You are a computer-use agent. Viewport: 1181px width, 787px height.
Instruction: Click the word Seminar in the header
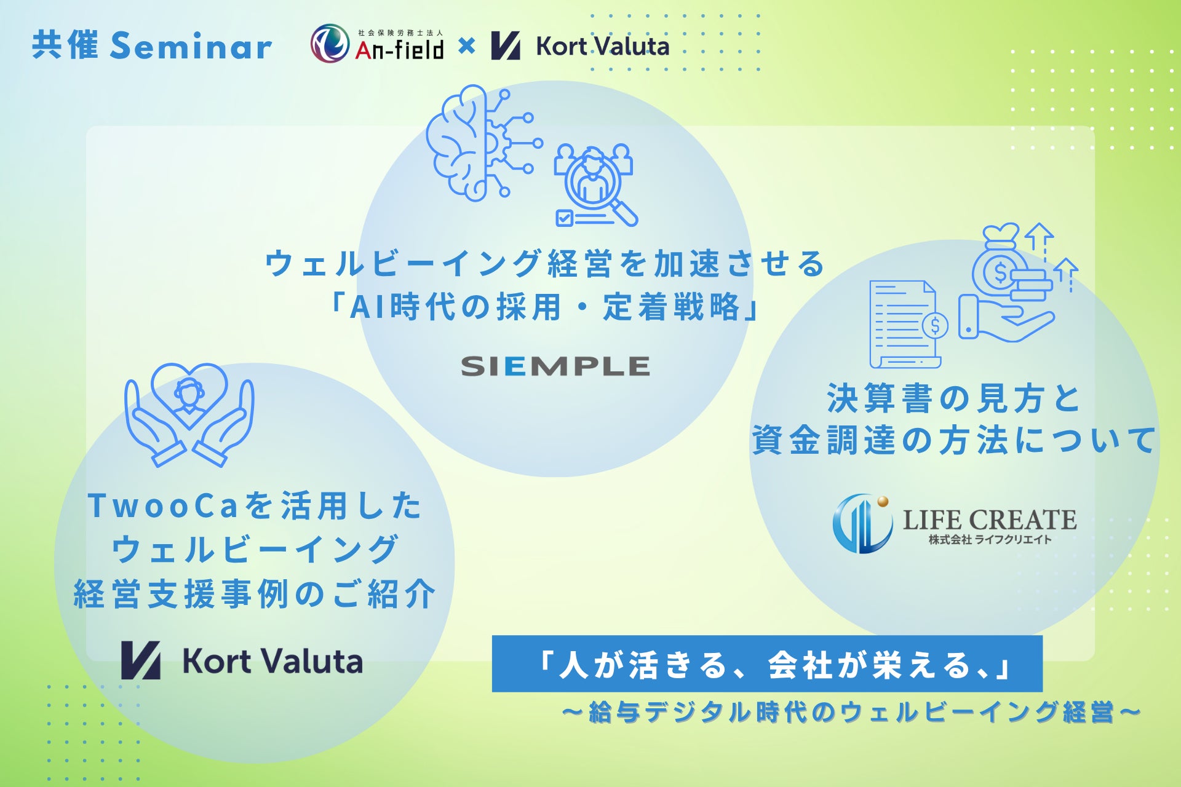191,46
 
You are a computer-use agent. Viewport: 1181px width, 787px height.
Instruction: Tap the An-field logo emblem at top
330,44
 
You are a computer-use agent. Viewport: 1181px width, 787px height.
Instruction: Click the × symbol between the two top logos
467,45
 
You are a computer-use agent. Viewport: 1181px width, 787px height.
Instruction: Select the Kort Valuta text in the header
602,46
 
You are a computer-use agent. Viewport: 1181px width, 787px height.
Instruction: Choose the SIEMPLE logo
555,366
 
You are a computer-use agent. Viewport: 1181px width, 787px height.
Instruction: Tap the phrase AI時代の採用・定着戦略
546,307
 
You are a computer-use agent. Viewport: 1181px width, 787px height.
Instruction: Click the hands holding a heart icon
189,414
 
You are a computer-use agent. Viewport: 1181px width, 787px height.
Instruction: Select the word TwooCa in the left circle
162,505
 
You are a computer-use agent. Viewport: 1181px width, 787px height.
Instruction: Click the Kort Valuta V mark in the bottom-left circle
141,660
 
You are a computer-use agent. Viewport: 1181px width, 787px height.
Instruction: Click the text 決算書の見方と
954,398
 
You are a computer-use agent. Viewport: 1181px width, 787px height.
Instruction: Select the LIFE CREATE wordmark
990,520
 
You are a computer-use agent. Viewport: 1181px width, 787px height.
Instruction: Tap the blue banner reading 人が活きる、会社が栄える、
767,664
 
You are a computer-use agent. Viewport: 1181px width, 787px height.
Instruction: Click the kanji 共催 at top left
65,45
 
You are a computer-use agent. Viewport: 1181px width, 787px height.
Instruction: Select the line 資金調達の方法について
954,440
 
